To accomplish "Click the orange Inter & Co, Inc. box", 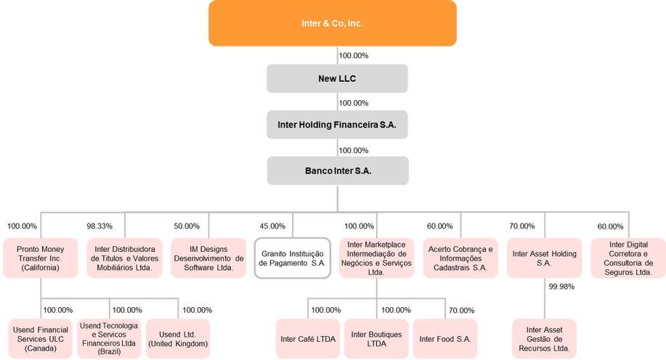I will [332, 23].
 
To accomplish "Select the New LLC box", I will [336, 78].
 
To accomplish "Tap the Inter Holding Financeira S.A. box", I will [336, 124].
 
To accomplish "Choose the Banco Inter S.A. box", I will [337, 171].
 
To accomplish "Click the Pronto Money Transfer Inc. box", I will [41, 258].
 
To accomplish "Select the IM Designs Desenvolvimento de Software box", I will [208, 258].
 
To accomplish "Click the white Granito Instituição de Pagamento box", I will [293, 258].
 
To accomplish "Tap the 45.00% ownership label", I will [272, 226].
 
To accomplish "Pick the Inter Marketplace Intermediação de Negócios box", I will [376, 258].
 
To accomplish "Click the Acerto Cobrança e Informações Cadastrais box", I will [460, 258].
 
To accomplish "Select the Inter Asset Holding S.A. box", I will [544, 258].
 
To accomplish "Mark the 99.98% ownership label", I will [561, 287].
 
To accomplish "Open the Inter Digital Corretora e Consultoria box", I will [628, 258].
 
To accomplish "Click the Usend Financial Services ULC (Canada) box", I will [41, 339].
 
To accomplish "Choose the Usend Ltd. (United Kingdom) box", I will [178, 339].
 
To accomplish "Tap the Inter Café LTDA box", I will [308, 339].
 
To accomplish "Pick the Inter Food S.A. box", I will [444, 339].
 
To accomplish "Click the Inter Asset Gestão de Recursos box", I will [544, 339].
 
